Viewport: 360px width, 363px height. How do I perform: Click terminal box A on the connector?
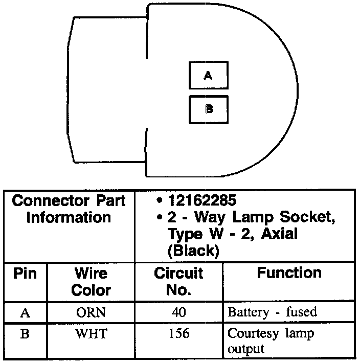208,75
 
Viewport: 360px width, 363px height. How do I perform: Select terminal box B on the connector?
208,109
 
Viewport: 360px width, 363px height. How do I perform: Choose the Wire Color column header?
91,281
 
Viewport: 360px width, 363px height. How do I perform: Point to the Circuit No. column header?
178,281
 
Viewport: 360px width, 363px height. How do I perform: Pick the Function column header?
289,273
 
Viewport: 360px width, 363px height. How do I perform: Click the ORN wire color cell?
91,312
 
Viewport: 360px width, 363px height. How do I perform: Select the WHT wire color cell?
91,334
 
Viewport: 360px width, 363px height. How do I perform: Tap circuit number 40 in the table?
178,312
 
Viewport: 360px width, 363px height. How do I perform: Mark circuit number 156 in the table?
178,334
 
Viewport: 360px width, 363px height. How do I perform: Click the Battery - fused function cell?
272,312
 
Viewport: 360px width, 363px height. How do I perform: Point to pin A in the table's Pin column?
25,312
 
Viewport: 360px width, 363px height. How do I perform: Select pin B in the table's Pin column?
25,334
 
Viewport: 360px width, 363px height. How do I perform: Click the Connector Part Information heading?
69,209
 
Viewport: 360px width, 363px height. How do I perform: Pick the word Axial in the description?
279,234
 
